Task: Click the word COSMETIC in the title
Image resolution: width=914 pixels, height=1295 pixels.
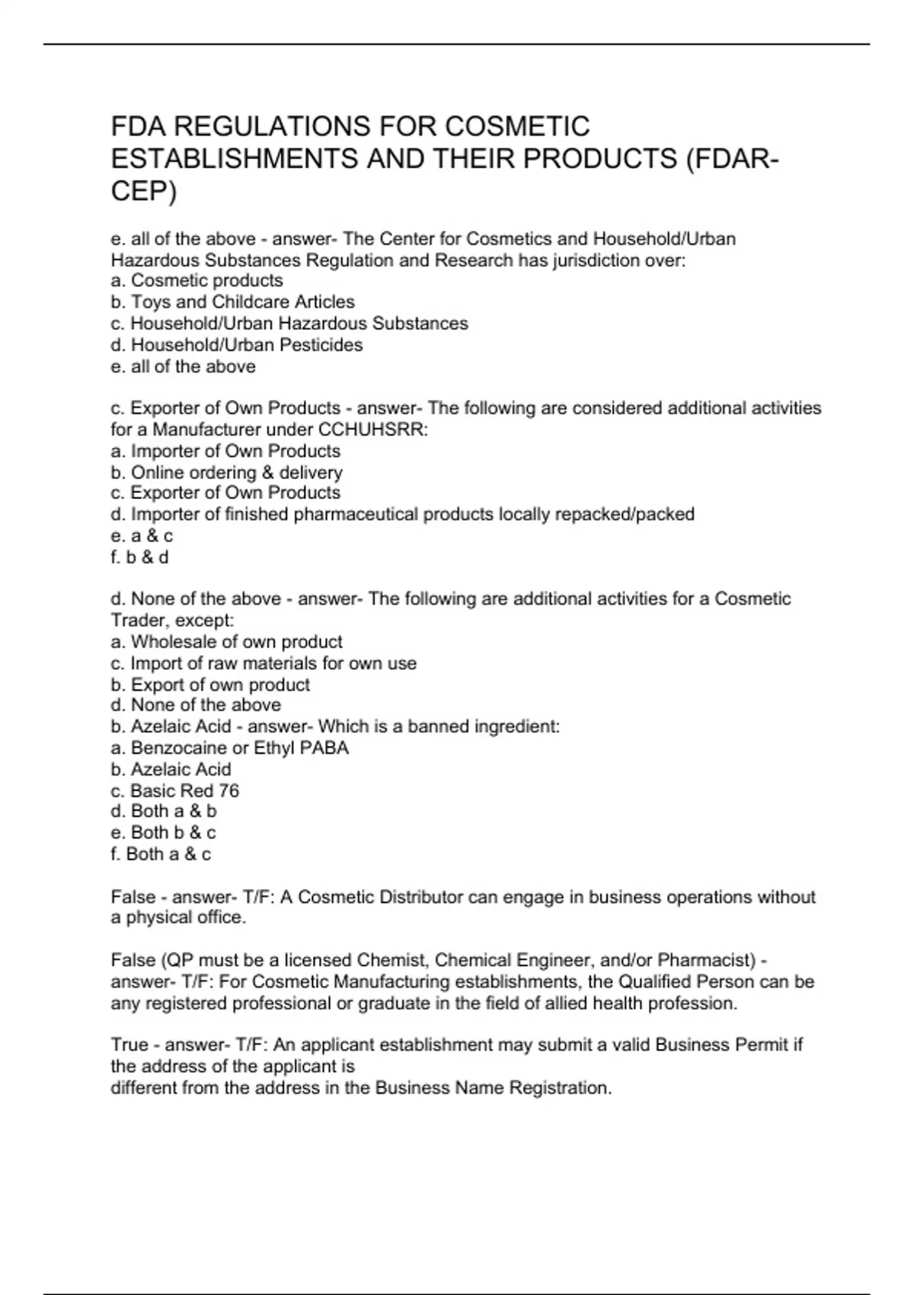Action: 517,126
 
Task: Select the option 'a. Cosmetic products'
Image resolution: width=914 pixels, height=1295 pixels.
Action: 197,280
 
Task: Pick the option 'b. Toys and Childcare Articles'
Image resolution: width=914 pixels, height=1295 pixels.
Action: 232,302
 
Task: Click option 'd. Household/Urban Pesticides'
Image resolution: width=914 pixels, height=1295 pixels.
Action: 236,345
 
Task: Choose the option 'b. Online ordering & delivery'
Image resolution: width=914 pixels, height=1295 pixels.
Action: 226,472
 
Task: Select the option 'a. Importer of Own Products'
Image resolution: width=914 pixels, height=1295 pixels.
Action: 225,451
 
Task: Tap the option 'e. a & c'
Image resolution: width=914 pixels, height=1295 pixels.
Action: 142,536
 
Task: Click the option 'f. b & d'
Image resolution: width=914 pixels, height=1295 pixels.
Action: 139,557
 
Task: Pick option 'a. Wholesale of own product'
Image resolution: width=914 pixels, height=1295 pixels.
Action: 226,641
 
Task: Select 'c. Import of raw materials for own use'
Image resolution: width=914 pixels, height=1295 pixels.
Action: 264,663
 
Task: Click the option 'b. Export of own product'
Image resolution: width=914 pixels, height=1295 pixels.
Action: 210,684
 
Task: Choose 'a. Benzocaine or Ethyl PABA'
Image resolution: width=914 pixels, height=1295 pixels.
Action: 229,747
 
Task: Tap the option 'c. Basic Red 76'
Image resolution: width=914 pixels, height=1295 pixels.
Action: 174,791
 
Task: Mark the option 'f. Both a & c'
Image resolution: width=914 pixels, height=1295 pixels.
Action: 161,854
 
